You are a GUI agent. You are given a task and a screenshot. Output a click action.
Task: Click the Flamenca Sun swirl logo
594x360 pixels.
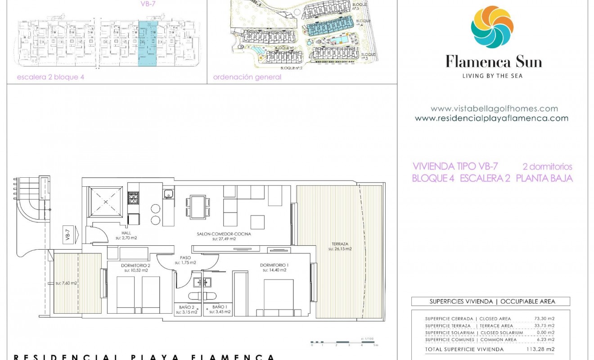(x=492, y=27)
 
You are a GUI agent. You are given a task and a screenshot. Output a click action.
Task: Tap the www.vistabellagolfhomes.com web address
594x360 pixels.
(x=494, y=108)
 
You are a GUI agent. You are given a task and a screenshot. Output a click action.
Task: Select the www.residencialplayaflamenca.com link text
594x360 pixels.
(x=491, y=118)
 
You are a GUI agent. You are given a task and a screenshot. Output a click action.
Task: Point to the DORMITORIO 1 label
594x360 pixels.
(x=274, y=265)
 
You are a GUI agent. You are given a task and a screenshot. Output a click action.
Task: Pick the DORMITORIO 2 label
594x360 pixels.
(x=135, y=265)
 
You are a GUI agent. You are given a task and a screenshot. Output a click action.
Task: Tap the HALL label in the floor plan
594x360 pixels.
(x=126, y=233)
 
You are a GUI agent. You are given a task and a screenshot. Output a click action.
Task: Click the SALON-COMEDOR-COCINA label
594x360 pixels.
(x=224, y=234)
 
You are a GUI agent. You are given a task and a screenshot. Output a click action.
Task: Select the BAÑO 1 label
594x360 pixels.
(x=218, y=306)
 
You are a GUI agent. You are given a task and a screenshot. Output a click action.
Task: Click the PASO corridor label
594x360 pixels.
(x=185, y=257)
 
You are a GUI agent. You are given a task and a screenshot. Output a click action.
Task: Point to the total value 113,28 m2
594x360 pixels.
(x=540, y=349)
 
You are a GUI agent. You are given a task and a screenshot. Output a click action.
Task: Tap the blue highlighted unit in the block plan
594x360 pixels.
(x=148, y=44)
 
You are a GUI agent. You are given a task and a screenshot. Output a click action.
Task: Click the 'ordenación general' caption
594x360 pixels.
(x=247, y=77)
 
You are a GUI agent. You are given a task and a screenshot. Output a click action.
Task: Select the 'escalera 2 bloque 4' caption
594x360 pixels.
(x=50, y=77)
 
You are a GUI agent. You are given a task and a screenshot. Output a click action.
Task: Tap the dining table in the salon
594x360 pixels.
(x=198, y=207)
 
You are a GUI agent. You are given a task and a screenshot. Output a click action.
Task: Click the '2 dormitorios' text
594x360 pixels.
(x=547, y=166)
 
